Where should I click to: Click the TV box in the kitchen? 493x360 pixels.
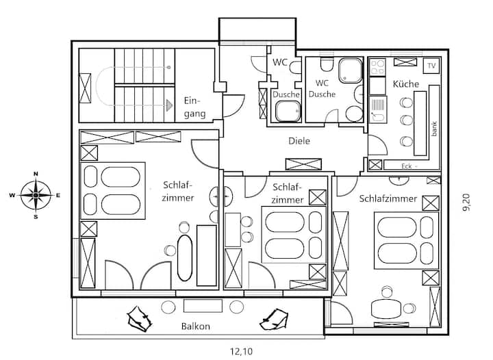pos(431,66)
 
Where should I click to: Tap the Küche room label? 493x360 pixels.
pos(406,84)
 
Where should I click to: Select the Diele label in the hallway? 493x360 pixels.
pos(299,141)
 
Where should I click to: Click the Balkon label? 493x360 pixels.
pos(195,326)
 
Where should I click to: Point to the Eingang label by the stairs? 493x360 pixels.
pos(194,107)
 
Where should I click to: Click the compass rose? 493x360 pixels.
pos(36,195)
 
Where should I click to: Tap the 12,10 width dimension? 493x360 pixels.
pos(241,351)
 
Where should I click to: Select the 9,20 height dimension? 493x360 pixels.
pos(466,203)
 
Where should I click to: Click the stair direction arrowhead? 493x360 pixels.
pos(170,105)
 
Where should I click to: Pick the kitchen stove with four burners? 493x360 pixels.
pos(377,67)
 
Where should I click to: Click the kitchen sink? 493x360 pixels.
pos(377,110)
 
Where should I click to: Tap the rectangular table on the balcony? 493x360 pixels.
pos(203,306)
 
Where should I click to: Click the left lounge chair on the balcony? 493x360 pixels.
pos(138,319)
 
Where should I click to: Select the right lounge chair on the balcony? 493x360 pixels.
pos(273,320)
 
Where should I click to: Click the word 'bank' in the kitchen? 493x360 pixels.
pos(434,129)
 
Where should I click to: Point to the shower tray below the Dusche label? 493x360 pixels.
pos(288,111)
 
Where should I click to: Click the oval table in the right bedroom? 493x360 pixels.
pos(386,309)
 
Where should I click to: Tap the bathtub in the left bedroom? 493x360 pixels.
pos(185,258)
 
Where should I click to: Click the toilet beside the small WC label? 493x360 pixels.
pos(295,67)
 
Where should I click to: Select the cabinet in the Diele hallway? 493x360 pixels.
pos(303,164)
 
